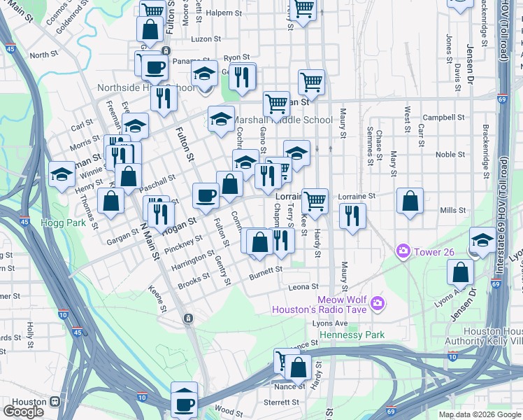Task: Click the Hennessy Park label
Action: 352,335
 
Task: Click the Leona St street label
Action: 303,287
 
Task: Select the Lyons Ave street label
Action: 330,323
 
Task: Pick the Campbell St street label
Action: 439,117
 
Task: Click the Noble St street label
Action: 450,155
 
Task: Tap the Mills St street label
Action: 453,210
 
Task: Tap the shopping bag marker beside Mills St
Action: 410,201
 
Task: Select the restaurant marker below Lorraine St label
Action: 352,216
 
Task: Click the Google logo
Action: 23,411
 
